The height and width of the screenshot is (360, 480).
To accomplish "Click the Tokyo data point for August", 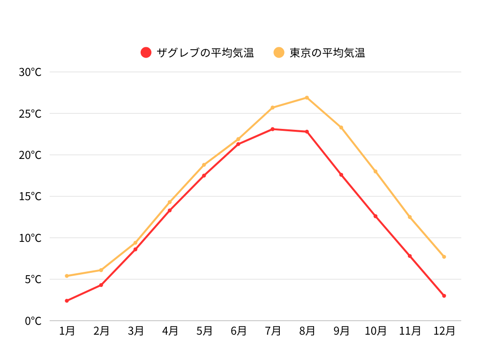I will (x=307, y=97).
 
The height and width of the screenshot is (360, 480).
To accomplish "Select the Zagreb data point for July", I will (x=272, y=129).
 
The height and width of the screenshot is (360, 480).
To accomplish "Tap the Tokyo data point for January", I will (x=67, y=276).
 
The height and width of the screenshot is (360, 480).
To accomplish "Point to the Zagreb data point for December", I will (x=444, y=296).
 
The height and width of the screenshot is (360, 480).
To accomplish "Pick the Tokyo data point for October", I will (x=375, y=172).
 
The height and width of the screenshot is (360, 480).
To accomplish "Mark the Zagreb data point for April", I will (x=170, y=210).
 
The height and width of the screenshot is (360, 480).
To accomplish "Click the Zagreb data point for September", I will (x=341, y=175).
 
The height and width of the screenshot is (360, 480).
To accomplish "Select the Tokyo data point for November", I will (x=410, y=217).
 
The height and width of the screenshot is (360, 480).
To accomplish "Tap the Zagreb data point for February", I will (x=101, y=285).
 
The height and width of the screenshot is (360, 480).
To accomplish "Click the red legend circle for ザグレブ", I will (x=146, y=52).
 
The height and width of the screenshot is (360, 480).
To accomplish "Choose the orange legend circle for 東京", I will (x=279, y=52).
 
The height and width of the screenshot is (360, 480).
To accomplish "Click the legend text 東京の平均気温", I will (x=327, y=52).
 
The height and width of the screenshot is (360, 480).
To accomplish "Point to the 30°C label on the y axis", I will (x=30, y=72).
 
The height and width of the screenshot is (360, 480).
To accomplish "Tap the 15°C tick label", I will (x=30, y=196).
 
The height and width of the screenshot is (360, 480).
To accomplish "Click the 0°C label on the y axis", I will (x=33, y=321).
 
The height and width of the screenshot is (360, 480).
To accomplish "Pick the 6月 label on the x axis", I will (x=239, y=331).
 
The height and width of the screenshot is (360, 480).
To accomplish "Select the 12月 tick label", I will (x=444, y=331).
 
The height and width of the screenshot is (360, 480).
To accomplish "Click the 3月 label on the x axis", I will (x=135, y=331).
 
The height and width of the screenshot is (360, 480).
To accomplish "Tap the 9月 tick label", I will (x=341, y=331).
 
